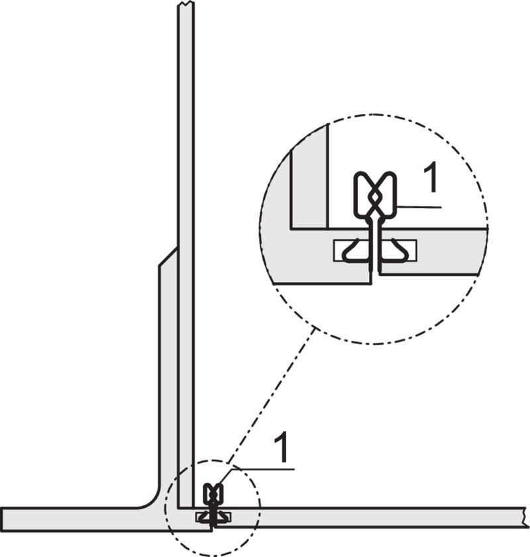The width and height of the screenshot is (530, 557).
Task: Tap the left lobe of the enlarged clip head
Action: point(364,192)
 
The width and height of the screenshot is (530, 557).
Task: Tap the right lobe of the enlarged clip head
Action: point(386,192)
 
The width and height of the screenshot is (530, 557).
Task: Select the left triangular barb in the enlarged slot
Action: point(355,251)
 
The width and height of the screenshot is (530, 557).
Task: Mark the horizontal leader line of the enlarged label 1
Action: point(417,208)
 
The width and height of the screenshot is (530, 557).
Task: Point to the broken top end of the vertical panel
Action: point(186,7)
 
